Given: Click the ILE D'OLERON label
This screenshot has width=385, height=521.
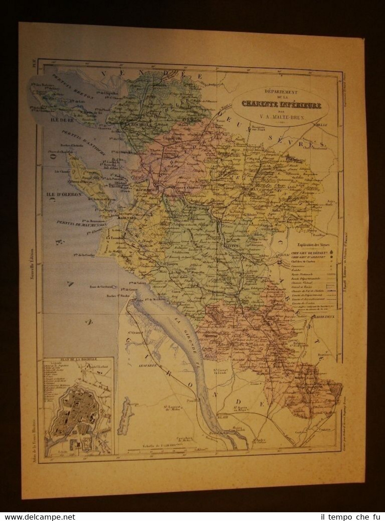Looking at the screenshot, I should pos(63,195).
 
